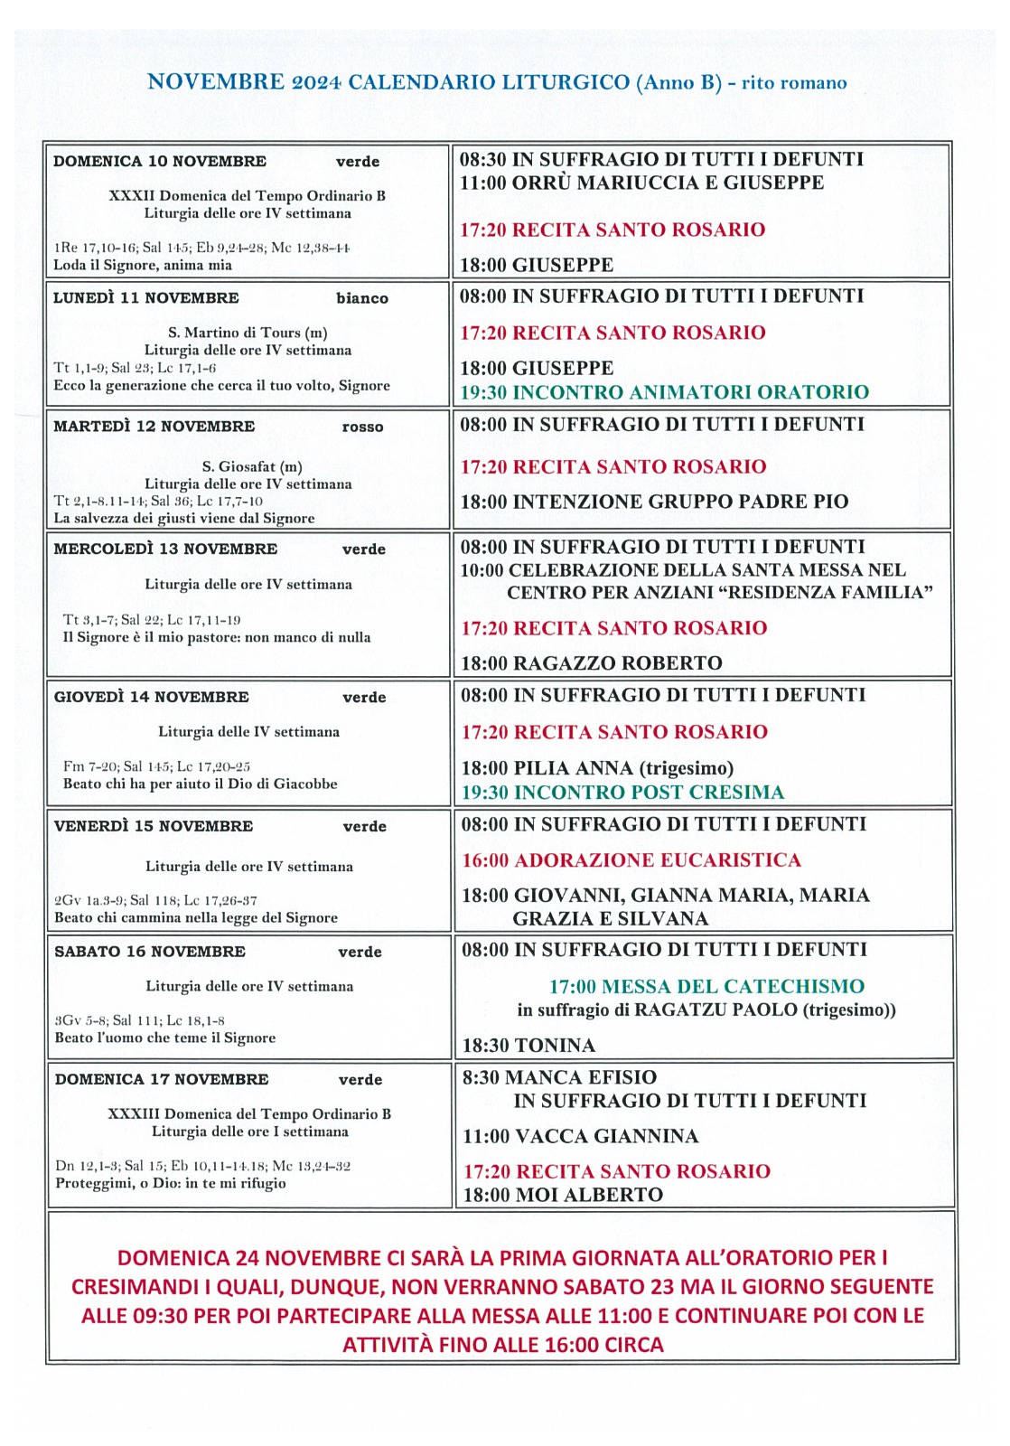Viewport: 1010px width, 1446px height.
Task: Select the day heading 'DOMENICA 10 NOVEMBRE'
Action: coord(160,162)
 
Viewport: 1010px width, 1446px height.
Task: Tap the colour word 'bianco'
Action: coord(362,298)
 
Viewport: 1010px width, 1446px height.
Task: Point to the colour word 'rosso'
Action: coord(362,427)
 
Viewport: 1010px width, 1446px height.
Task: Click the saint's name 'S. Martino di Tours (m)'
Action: coord(248,333)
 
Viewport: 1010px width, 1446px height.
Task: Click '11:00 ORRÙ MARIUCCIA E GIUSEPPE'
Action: coord(641,183)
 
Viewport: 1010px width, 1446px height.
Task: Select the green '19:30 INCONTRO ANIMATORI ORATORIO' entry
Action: coord(665,392)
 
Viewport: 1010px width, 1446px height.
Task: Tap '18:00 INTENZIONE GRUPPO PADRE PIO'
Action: coord(654,502)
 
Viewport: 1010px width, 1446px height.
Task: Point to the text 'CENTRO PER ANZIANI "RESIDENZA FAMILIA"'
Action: coord(719,593)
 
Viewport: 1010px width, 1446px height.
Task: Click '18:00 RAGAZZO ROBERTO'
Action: coord(592,663)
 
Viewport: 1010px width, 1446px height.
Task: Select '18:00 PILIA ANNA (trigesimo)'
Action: coord(597,768)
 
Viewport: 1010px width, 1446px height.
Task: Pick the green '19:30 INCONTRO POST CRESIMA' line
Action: coord(622,793)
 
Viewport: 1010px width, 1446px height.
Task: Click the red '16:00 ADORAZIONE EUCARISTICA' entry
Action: coord(631,860)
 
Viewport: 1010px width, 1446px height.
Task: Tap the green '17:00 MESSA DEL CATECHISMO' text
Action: coord(706,987)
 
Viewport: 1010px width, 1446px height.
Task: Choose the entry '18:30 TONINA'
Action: coord(528,1046)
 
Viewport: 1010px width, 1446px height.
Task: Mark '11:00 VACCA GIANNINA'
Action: coord(580,1136)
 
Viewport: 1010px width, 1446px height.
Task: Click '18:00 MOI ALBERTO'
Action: coord(563,1195)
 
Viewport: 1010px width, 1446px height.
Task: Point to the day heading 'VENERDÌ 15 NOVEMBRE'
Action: coord(154,826)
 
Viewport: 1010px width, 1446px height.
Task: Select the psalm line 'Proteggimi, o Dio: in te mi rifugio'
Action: coord(171,1183)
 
